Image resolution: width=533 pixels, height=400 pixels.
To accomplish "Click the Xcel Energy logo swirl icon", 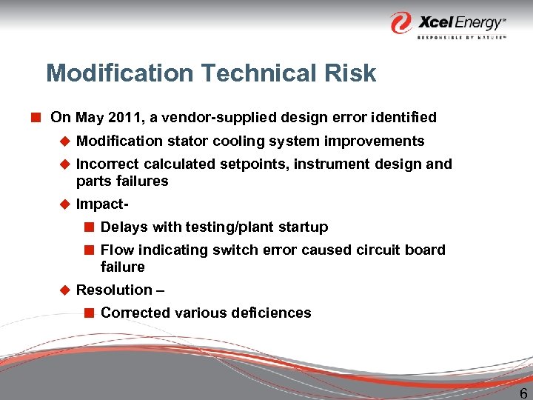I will click(x=401, y=21).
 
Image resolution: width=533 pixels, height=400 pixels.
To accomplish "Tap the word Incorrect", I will click(x=108, y=164).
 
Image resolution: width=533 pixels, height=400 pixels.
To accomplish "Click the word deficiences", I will click(x=269, y=313).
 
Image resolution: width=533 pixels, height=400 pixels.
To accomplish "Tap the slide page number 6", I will click(x=523, y=393).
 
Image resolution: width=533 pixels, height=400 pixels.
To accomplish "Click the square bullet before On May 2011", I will click(x=35, y=117).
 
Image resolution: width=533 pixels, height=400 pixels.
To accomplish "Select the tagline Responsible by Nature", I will click(x=461, y=36).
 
